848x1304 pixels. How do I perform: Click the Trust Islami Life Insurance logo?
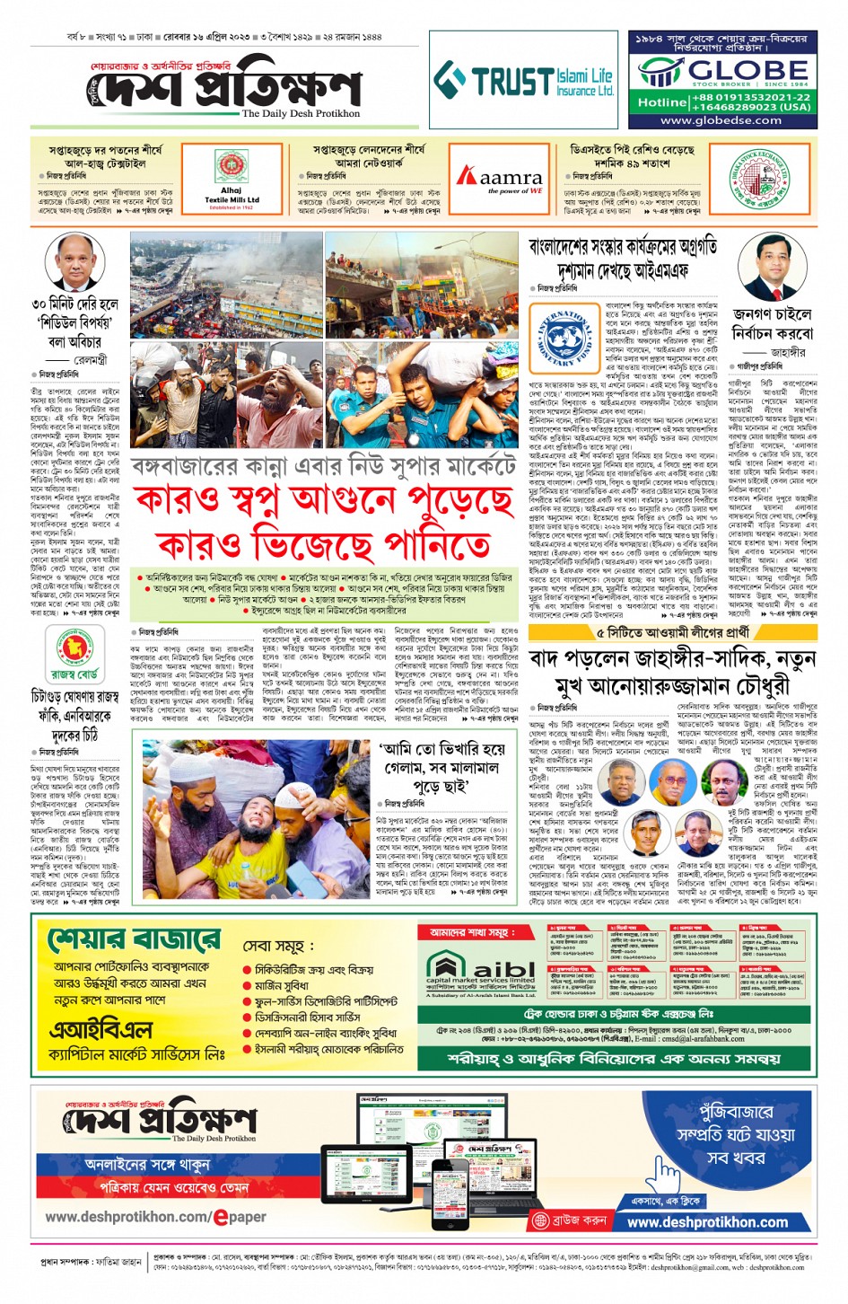[x=524, y=82]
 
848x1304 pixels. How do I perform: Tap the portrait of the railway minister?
[x=73, y=262]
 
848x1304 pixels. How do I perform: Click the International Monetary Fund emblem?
[x=565, y=339]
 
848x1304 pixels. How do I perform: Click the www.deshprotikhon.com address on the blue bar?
[x=707, y=1222]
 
